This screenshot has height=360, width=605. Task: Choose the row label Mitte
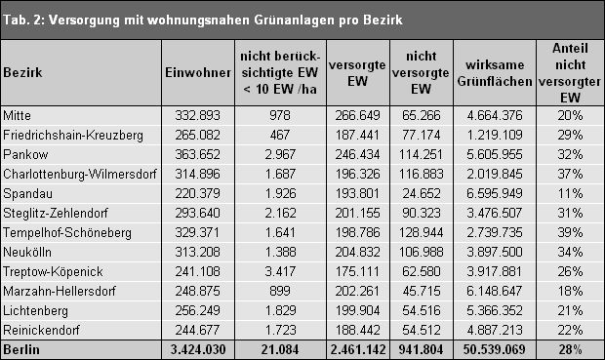point(19,114)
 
